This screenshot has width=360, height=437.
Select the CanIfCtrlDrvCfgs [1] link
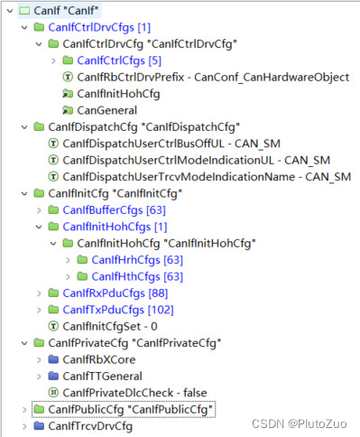click(x=99, y=29)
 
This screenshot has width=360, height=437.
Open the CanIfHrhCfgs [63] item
click(x=136, y=259)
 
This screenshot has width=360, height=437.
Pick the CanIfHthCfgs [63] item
click(x=136, y=275)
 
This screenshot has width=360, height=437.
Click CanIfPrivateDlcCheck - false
click(x=131, y=392)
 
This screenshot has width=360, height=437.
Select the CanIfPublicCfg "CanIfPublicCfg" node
click(x=125, y=410)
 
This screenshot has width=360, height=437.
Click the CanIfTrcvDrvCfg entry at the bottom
click(x=89, y=425)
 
